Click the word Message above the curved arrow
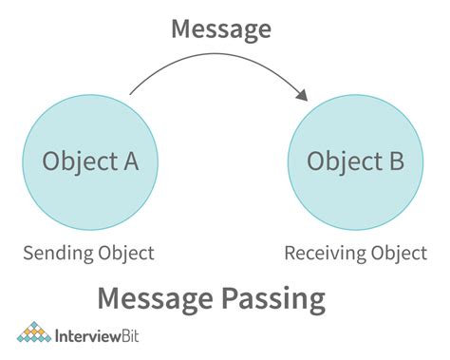[219, 28]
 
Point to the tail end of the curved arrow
[130, 96]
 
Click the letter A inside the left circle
[130, 161]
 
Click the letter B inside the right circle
[394, 161]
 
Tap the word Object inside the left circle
[77, 161]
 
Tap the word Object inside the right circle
[341, 161]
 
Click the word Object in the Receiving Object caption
[392, 255]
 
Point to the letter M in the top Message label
[181, 28]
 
